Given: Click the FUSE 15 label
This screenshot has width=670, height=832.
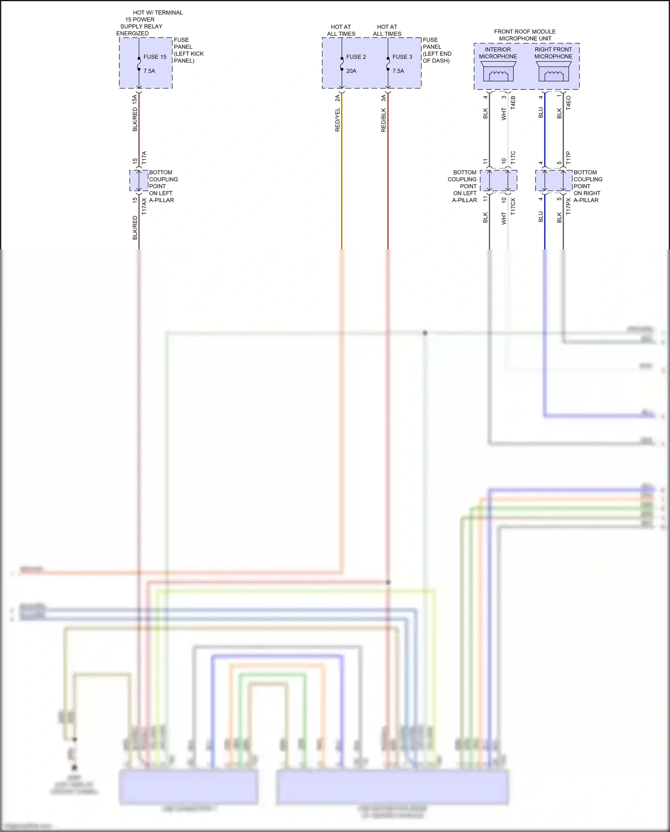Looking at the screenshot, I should pyautogui.click(x=155, y=57).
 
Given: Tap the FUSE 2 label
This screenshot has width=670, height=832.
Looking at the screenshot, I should pyautogui.click(x=356, y=57).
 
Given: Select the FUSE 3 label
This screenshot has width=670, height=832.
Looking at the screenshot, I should pyautogui.click(x=402, y=57).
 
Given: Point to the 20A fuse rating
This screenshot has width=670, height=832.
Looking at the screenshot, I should pyautogui.click(x=351, y=71).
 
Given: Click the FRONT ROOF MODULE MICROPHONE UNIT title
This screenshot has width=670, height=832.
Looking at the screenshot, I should pyautogui.click(x=525, y=35).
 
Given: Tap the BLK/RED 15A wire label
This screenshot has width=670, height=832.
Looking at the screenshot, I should pyautogui.click(x=135, y=113).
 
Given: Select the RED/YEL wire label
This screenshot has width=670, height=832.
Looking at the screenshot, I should pyautogui.click(x=338, y=119).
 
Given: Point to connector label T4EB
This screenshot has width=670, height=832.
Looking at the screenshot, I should pyautogui.click(x=513, y=102).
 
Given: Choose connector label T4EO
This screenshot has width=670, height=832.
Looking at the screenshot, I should pyautogui.click(x=569, y=102).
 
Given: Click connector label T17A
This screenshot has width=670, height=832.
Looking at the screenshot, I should pyautogui.click(x=144, y=158).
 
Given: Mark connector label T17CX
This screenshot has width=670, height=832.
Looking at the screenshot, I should pyautogui.click(x=513, y=207).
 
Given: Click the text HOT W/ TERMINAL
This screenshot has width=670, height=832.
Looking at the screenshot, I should pyautogui.click(x=158, y=13).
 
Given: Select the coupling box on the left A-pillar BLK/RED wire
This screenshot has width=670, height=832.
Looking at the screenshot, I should pyautogui.click(x=138, y=180).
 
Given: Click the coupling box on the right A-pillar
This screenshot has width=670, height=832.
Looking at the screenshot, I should pyautogui.click(x=553, y=180).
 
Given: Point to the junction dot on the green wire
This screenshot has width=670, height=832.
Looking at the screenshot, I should pyautogui.click(x=425, y=333).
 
